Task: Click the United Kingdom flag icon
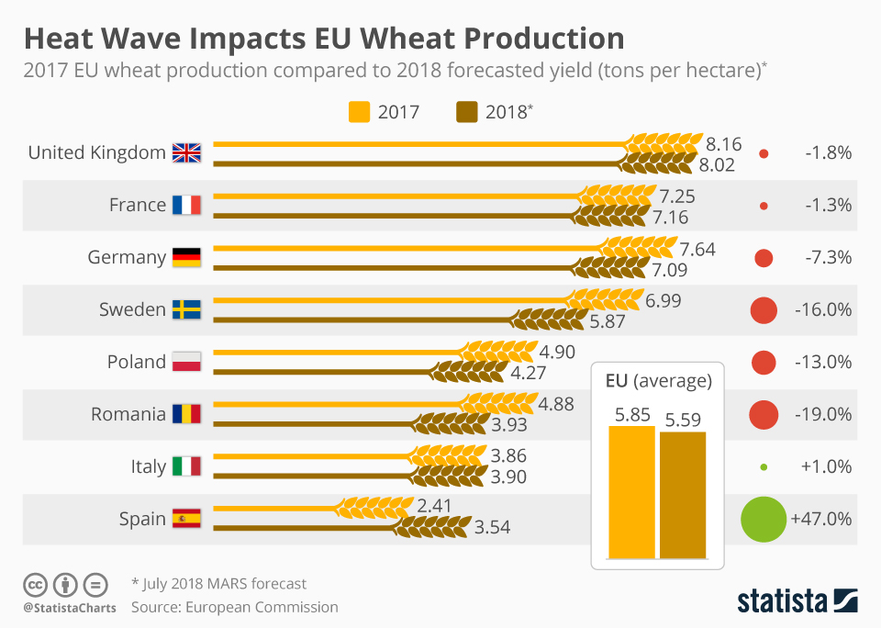pyautogui.click(x=186, y=152)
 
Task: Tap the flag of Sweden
pyautogui.click(x=186, y=309)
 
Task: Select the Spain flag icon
pyautogui.click(x=186, y=519)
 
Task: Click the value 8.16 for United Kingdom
pyautogui.click(x=724, y=144)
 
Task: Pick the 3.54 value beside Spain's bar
pyautogui.click(x=493, y=528)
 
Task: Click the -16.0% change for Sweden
pyautogui.click(x=822, y=310)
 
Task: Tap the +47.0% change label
pyautogui.click(x=821, y=519)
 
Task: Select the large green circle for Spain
pyautogui.click(x=764, y=519)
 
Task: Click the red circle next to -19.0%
pyautogui.click(x=764, y=415)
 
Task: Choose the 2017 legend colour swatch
pyautogui.click(x=359, y=113)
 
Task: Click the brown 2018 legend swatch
pyautogui.click(x=466, y=113)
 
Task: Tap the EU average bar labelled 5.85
pyautogui.click(x=632, y=492)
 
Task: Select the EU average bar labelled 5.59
pyautogui.click(x=683, y=494)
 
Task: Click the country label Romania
pyautogui.click(x=128, y=414)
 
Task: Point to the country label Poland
pyautogui.click(x=136, y=362)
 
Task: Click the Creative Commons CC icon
pyautogui.click(x=35, y=584)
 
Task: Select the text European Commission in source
pyautogui.click(x=262, y=607)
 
